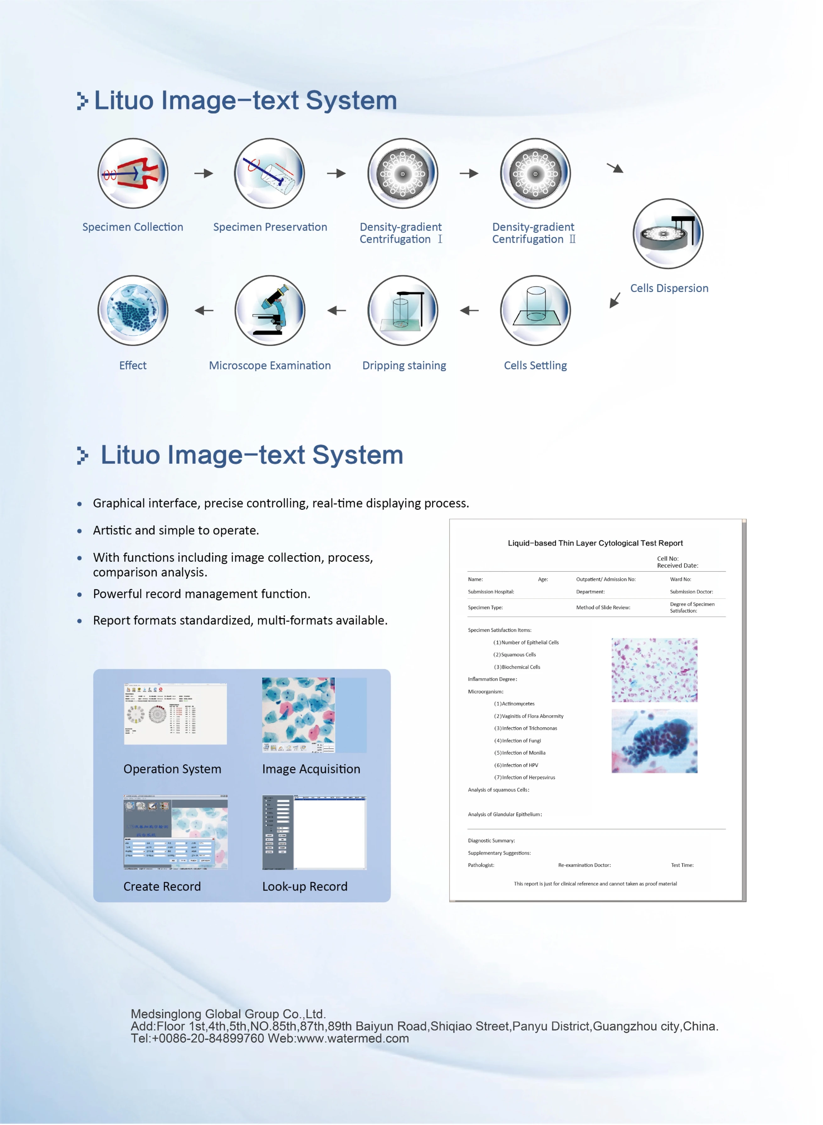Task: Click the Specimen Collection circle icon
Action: click(x=133, y=173)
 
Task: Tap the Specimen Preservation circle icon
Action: click(x=270, y=173)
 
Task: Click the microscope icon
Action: click(x=270, y=310)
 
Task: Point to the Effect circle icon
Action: click(x=133, y=310)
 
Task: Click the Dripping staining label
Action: click(x=404, y=366)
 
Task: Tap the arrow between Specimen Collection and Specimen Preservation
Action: click(x=203, y=173)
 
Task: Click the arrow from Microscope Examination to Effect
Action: click(x=204, y=310)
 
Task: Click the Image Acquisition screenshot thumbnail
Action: click(x=314, y=715)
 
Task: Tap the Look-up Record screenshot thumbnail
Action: click(x=314, y=832)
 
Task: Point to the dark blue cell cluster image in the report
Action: click(x=654, y=741)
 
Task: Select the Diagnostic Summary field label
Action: click(x=491, y=841)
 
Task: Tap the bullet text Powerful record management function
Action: click(x=201, y=594)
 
